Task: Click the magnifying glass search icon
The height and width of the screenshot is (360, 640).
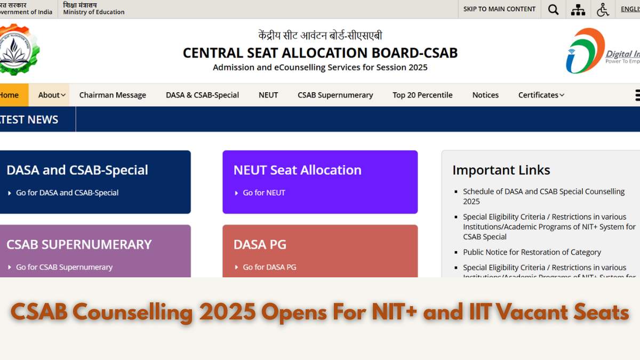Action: click(554, 9)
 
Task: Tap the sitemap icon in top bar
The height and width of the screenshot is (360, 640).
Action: click(578, 9)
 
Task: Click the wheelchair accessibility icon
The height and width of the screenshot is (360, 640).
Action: click(603, 9)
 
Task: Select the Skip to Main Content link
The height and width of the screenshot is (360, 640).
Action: click(499, 9)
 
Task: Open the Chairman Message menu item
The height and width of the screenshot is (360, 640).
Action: click(113, 95)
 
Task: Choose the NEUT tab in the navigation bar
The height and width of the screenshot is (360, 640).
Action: click(268, 95)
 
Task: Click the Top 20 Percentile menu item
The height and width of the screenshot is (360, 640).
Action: click(422, 95)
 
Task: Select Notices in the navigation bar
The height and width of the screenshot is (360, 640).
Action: click(485, 95)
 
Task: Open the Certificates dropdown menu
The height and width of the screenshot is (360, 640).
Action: click(541, 95)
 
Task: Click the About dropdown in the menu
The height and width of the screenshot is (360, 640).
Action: click(52, 95)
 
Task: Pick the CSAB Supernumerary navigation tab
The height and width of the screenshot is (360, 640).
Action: click(335, 95)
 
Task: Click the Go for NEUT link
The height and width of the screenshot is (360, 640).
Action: click(264, 193)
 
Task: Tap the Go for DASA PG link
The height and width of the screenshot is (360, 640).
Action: click(269, 267)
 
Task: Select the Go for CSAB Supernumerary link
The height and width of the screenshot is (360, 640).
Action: click(64, 267)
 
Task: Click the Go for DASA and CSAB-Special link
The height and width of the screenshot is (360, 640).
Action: click(67, 193)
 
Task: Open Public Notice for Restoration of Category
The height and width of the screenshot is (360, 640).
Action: click(532, 252)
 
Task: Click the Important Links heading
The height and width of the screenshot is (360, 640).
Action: click(501, 170)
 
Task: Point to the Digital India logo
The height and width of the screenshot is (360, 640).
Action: click(602, 51)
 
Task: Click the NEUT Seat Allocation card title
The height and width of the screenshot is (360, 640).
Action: click(297, 170)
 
